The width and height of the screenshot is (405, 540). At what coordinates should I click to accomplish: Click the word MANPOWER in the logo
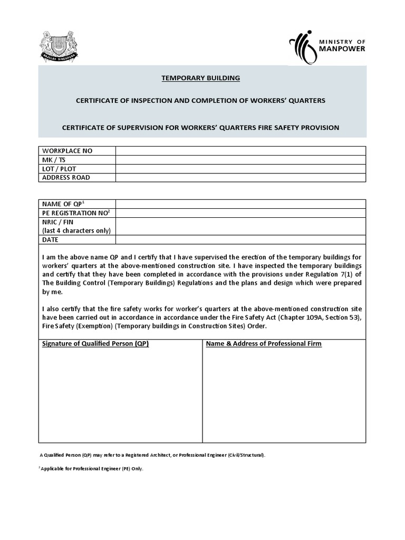click(343, 50)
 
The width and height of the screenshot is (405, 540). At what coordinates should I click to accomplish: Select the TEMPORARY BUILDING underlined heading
click(200, 78)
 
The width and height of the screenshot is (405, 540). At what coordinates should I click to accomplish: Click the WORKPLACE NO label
click(67, 151)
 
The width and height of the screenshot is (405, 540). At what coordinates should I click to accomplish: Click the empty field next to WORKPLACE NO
click(240, 151)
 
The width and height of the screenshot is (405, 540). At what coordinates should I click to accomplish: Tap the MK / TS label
click(54, 160)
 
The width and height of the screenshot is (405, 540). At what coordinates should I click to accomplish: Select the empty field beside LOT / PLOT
click(240, 169)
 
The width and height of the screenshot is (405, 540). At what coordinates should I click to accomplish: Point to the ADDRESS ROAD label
click(66, 178)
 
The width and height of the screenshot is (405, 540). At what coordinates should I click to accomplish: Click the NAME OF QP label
click(63, 204)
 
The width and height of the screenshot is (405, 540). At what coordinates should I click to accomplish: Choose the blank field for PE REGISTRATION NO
click(240, 213)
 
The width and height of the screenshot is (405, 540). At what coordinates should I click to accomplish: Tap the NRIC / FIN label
click(58, 223)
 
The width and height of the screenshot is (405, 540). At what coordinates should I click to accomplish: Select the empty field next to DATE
click(240, 240)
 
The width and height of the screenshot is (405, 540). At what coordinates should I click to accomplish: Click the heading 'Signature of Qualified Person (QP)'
click(95, 344)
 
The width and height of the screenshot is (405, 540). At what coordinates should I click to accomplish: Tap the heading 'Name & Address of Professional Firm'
click(264, 344)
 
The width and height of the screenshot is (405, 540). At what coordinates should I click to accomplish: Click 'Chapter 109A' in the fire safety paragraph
click(304, 317)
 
